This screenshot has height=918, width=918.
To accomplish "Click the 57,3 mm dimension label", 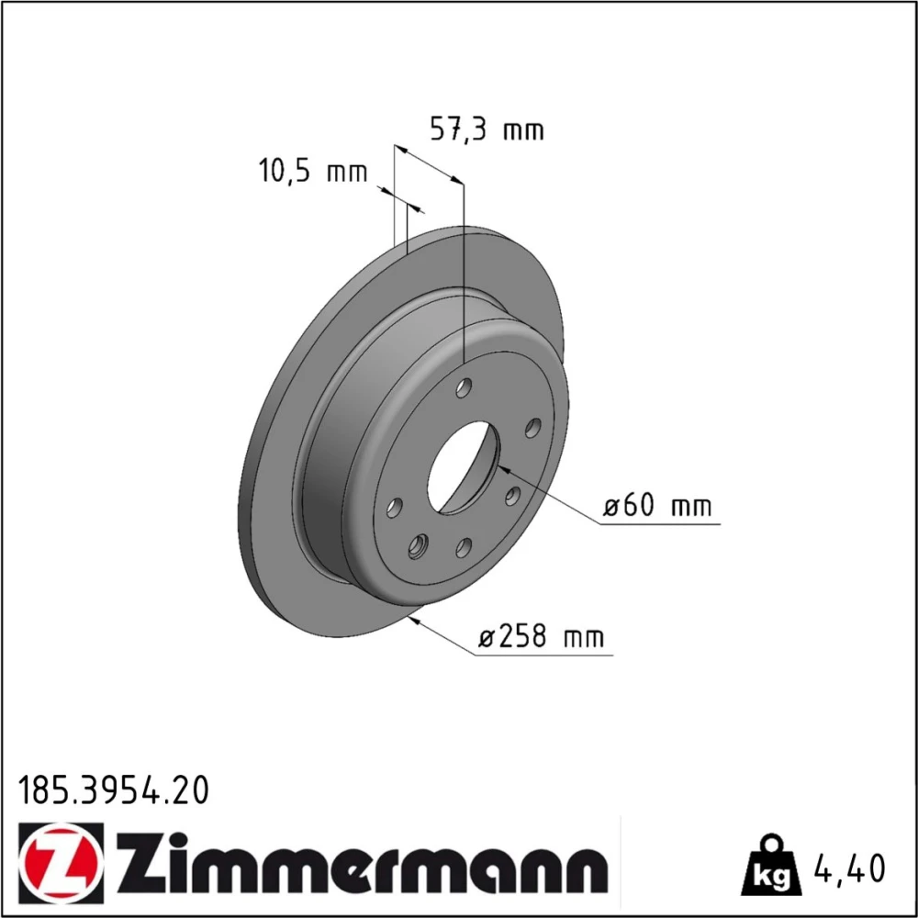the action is [487, 129].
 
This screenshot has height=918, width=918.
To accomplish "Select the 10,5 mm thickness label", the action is [313, 171].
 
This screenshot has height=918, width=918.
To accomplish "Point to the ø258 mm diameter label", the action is [541, 636].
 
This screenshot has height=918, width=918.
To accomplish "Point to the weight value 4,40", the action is [849, 868].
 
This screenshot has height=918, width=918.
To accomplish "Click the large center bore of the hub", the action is [464, 468].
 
